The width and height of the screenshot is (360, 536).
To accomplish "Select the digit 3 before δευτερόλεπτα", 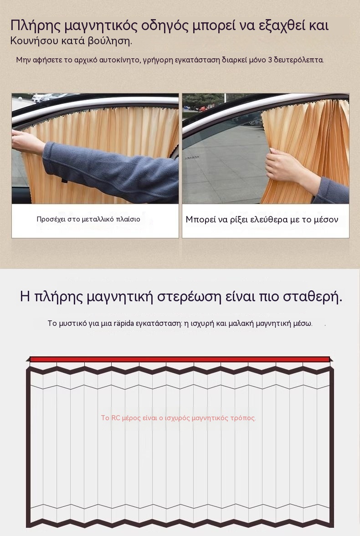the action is click(270, 60).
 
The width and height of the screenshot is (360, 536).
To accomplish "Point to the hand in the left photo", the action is click(27, 141).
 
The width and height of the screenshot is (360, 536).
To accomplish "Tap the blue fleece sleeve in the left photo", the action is click(113, 171).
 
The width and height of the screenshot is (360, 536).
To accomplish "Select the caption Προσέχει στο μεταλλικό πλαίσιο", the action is click(88, 219).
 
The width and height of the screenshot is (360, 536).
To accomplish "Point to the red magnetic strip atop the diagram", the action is click(180, 359).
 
